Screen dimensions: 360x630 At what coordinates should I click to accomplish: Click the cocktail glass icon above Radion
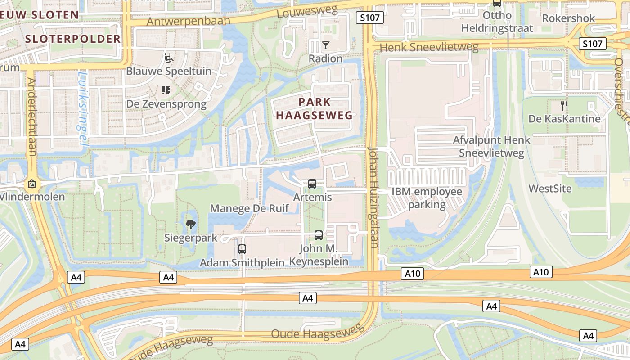click(325, 45)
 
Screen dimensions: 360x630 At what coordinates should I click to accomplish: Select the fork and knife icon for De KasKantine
click(564, 106)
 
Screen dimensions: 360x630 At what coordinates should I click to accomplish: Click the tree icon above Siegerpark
click(191, 224)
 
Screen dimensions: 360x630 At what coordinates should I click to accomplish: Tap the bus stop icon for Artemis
click(312, 184)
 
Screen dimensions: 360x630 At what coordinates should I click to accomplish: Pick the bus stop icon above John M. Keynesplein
click(319, 235)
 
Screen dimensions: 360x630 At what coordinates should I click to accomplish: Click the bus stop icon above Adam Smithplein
click(242, 249)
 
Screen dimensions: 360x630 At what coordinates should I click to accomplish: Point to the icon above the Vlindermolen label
click(32, 184)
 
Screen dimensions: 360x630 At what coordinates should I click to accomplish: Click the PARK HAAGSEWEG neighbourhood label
click(314, 108)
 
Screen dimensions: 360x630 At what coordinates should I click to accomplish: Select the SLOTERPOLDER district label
click(73, 39)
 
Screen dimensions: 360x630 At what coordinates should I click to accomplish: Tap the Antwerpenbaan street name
click(188, 21)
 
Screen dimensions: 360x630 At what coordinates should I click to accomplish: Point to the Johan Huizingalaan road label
click(373, 197)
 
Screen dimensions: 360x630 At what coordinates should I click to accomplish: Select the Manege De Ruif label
click(249, 208)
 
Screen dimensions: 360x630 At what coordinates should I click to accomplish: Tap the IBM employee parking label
click(427, 198)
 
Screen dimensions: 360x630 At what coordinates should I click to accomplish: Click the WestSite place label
click(550, 188)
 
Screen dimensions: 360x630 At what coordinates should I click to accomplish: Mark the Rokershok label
click(568, 18)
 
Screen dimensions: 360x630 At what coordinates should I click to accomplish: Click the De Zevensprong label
click(166, 104)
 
